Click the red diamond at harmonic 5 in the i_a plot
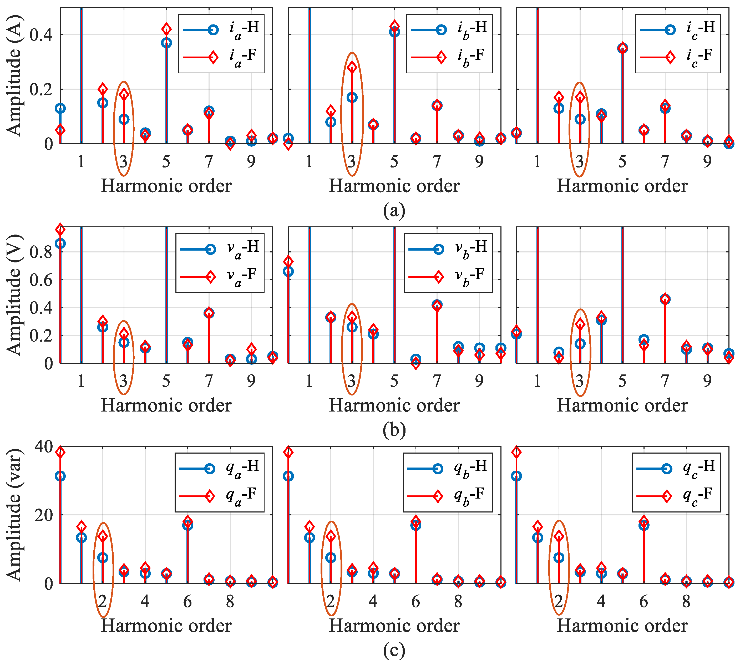(166, 29)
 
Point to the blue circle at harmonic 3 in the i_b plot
(352, 97)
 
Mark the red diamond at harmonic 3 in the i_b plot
(352, 67)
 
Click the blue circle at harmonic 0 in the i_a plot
(60, 108)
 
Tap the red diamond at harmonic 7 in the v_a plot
(209, 313)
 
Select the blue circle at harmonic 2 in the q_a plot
(103, 557)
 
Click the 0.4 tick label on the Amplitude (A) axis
(41, 35)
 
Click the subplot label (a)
(394, 210)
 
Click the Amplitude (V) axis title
(15, 295)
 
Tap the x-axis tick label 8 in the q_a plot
(230, 601)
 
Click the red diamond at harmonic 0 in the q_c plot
(516, 452)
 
